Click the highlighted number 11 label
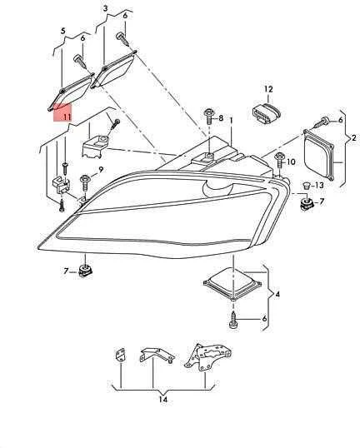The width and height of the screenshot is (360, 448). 67,117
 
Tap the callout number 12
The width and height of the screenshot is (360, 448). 268,89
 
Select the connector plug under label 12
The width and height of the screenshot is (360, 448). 266,113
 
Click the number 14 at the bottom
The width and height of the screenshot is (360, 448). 162,399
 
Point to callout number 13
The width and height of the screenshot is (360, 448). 319,185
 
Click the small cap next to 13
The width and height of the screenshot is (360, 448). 307,186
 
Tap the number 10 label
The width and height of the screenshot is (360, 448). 291,162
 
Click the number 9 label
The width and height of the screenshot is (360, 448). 101,170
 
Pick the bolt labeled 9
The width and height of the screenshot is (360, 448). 85,183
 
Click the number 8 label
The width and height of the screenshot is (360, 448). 221,118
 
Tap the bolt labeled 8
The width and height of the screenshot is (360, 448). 208,117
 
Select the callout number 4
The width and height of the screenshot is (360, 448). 277,294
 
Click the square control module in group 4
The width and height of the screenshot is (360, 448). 232,283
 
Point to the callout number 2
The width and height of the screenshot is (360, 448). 353,138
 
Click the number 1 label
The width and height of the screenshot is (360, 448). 231,121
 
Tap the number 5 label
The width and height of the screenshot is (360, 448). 62,31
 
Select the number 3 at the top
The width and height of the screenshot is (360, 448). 106,8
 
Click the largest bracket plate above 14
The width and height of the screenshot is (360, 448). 207,357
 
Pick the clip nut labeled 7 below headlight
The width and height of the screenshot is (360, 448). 85,271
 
